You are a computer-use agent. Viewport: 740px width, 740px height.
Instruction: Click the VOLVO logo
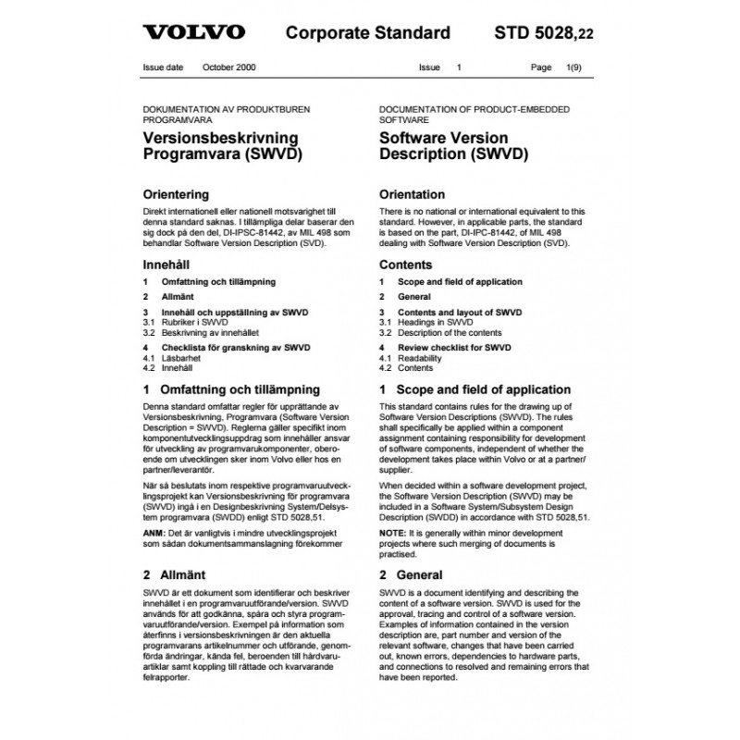point(193,33)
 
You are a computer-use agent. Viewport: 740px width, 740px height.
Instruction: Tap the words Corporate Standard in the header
point(367,33)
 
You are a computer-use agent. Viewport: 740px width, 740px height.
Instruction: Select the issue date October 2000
point(231,68)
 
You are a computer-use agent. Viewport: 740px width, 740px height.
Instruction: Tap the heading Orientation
point(413,195)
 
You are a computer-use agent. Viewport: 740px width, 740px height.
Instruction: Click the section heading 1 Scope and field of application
point(475,389)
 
